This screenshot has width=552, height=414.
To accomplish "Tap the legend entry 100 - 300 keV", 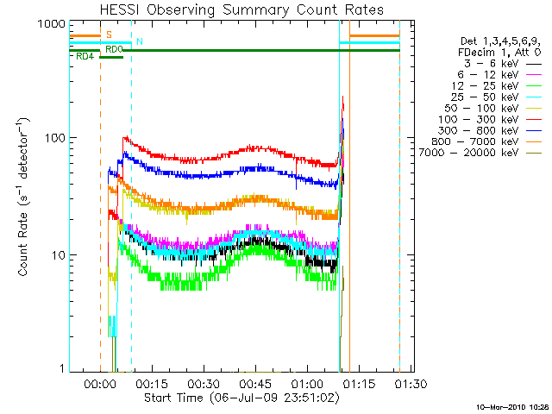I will [485, 119].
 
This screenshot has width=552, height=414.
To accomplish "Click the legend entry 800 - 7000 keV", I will [483, 141].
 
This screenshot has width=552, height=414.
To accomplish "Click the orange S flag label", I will [109, 34].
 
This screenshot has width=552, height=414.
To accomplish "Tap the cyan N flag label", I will [140, 41].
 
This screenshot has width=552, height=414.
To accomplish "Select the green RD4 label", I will [85, 57].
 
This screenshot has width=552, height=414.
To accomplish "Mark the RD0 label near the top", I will [115, 50].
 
